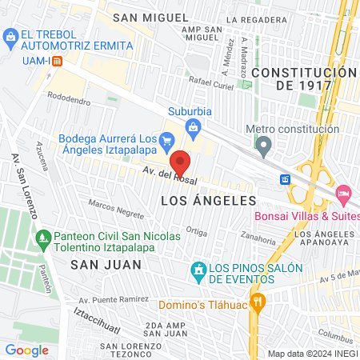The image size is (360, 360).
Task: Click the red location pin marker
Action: (x=181, y=163)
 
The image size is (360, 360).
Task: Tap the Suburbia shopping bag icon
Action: (x=193, y=126)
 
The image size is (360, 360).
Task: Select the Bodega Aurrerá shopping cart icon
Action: (x=166, y=141)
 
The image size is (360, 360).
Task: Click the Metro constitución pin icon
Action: (x=263, y=146)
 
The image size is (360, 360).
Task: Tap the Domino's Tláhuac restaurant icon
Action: (x=258, y=302)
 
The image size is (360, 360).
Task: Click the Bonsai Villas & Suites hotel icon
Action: (x=343, y=193)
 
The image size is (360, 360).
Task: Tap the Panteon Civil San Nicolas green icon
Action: (x=42, y=237)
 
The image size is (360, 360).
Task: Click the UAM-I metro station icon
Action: (x=56, y=61)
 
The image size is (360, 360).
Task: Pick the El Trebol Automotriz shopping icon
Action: (x=10, y=36)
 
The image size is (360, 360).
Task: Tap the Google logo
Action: (x=26, y=350)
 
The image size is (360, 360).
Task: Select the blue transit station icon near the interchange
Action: (x=284, y=179)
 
